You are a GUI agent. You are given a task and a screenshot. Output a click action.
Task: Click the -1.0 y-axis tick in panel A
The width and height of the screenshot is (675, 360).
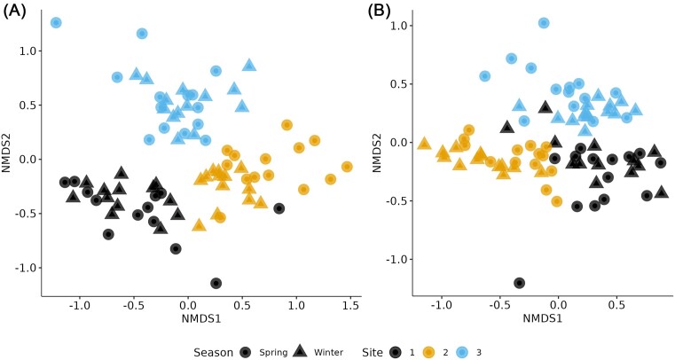coord(27,268)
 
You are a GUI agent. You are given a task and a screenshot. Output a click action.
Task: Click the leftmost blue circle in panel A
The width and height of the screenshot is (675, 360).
coord(56,22)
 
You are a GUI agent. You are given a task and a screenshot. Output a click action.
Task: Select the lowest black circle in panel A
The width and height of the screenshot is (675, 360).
coord(216,283)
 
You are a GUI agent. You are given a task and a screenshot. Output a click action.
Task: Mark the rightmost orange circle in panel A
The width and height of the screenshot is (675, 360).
coord(347,166)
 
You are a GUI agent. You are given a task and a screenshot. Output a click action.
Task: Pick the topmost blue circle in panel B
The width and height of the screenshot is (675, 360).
coord(544,23)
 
